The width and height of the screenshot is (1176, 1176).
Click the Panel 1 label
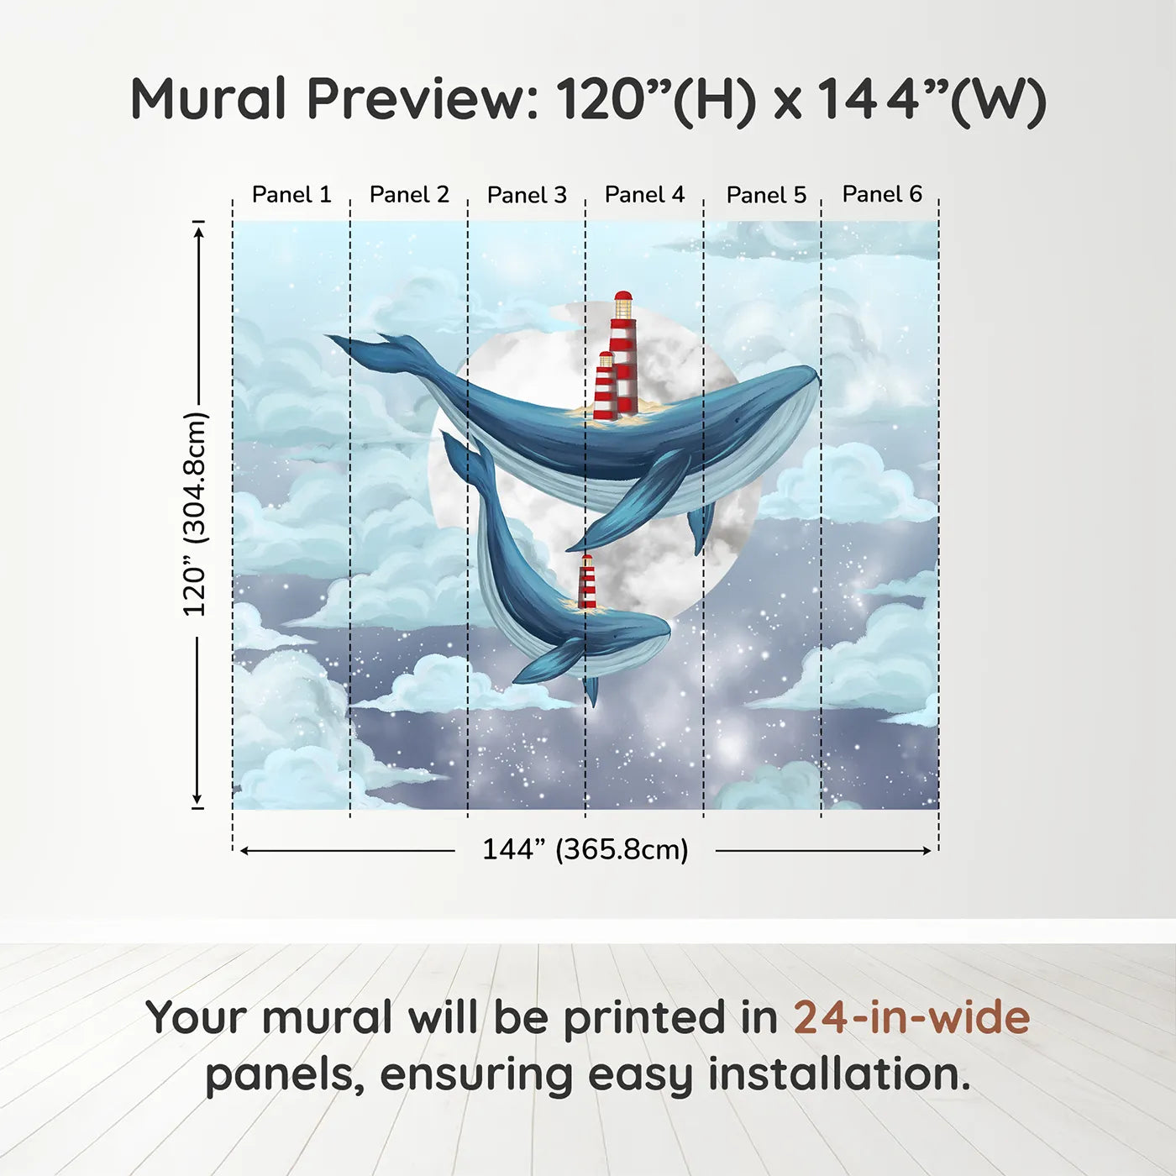(291, 195)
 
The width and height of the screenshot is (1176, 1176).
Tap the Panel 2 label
(409, 195)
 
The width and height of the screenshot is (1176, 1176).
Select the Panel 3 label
(527, 196)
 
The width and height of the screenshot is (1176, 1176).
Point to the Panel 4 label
(644, 195)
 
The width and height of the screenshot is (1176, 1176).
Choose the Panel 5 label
(766, 196)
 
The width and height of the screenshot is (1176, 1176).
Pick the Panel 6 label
(882, 194)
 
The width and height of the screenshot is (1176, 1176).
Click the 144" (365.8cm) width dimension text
(585, 850)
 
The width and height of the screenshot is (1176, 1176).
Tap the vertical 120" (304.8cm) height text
(195, 514)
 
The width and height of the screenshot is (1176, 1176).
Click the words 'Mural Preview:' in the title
(334, 99)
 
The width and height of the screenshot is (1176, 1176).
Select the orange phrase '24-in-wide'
(911, 1018)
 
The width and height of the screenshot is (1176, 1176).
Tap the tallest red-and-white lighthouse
(623, 357)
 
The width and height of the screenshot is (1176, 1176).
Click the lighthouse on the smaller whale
(587, 582)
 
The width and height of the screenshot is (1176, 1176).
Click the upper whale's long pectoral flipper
(632, 504)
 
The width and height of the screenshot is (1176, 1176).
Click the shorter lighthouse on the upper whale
(605, 386)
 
